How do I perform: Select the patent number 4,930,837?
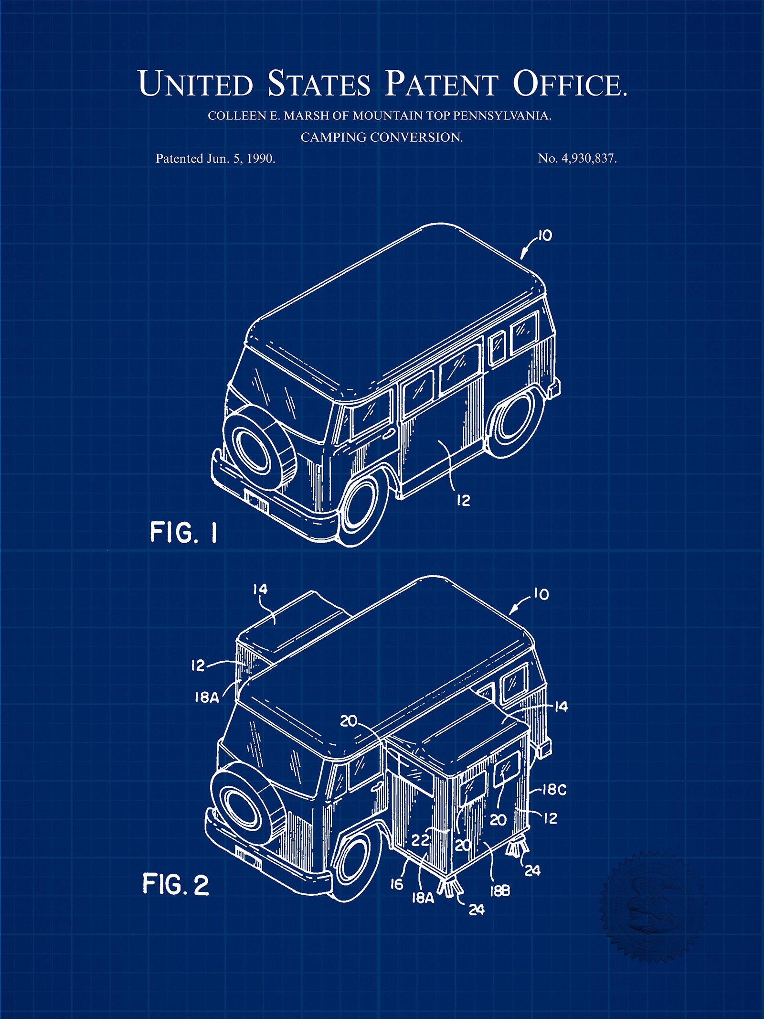(587, 159)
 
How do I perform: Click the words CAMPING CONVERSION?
(382, 138)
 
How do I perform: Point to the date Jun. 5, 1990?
(241, 159)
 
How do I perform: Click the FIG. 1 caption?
(184, 532)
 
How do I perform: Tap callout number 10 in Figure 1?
(544, 236)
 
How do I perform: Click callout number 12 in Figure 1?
(463, 500)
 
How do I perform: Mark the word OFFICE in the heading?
(569, 84)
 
